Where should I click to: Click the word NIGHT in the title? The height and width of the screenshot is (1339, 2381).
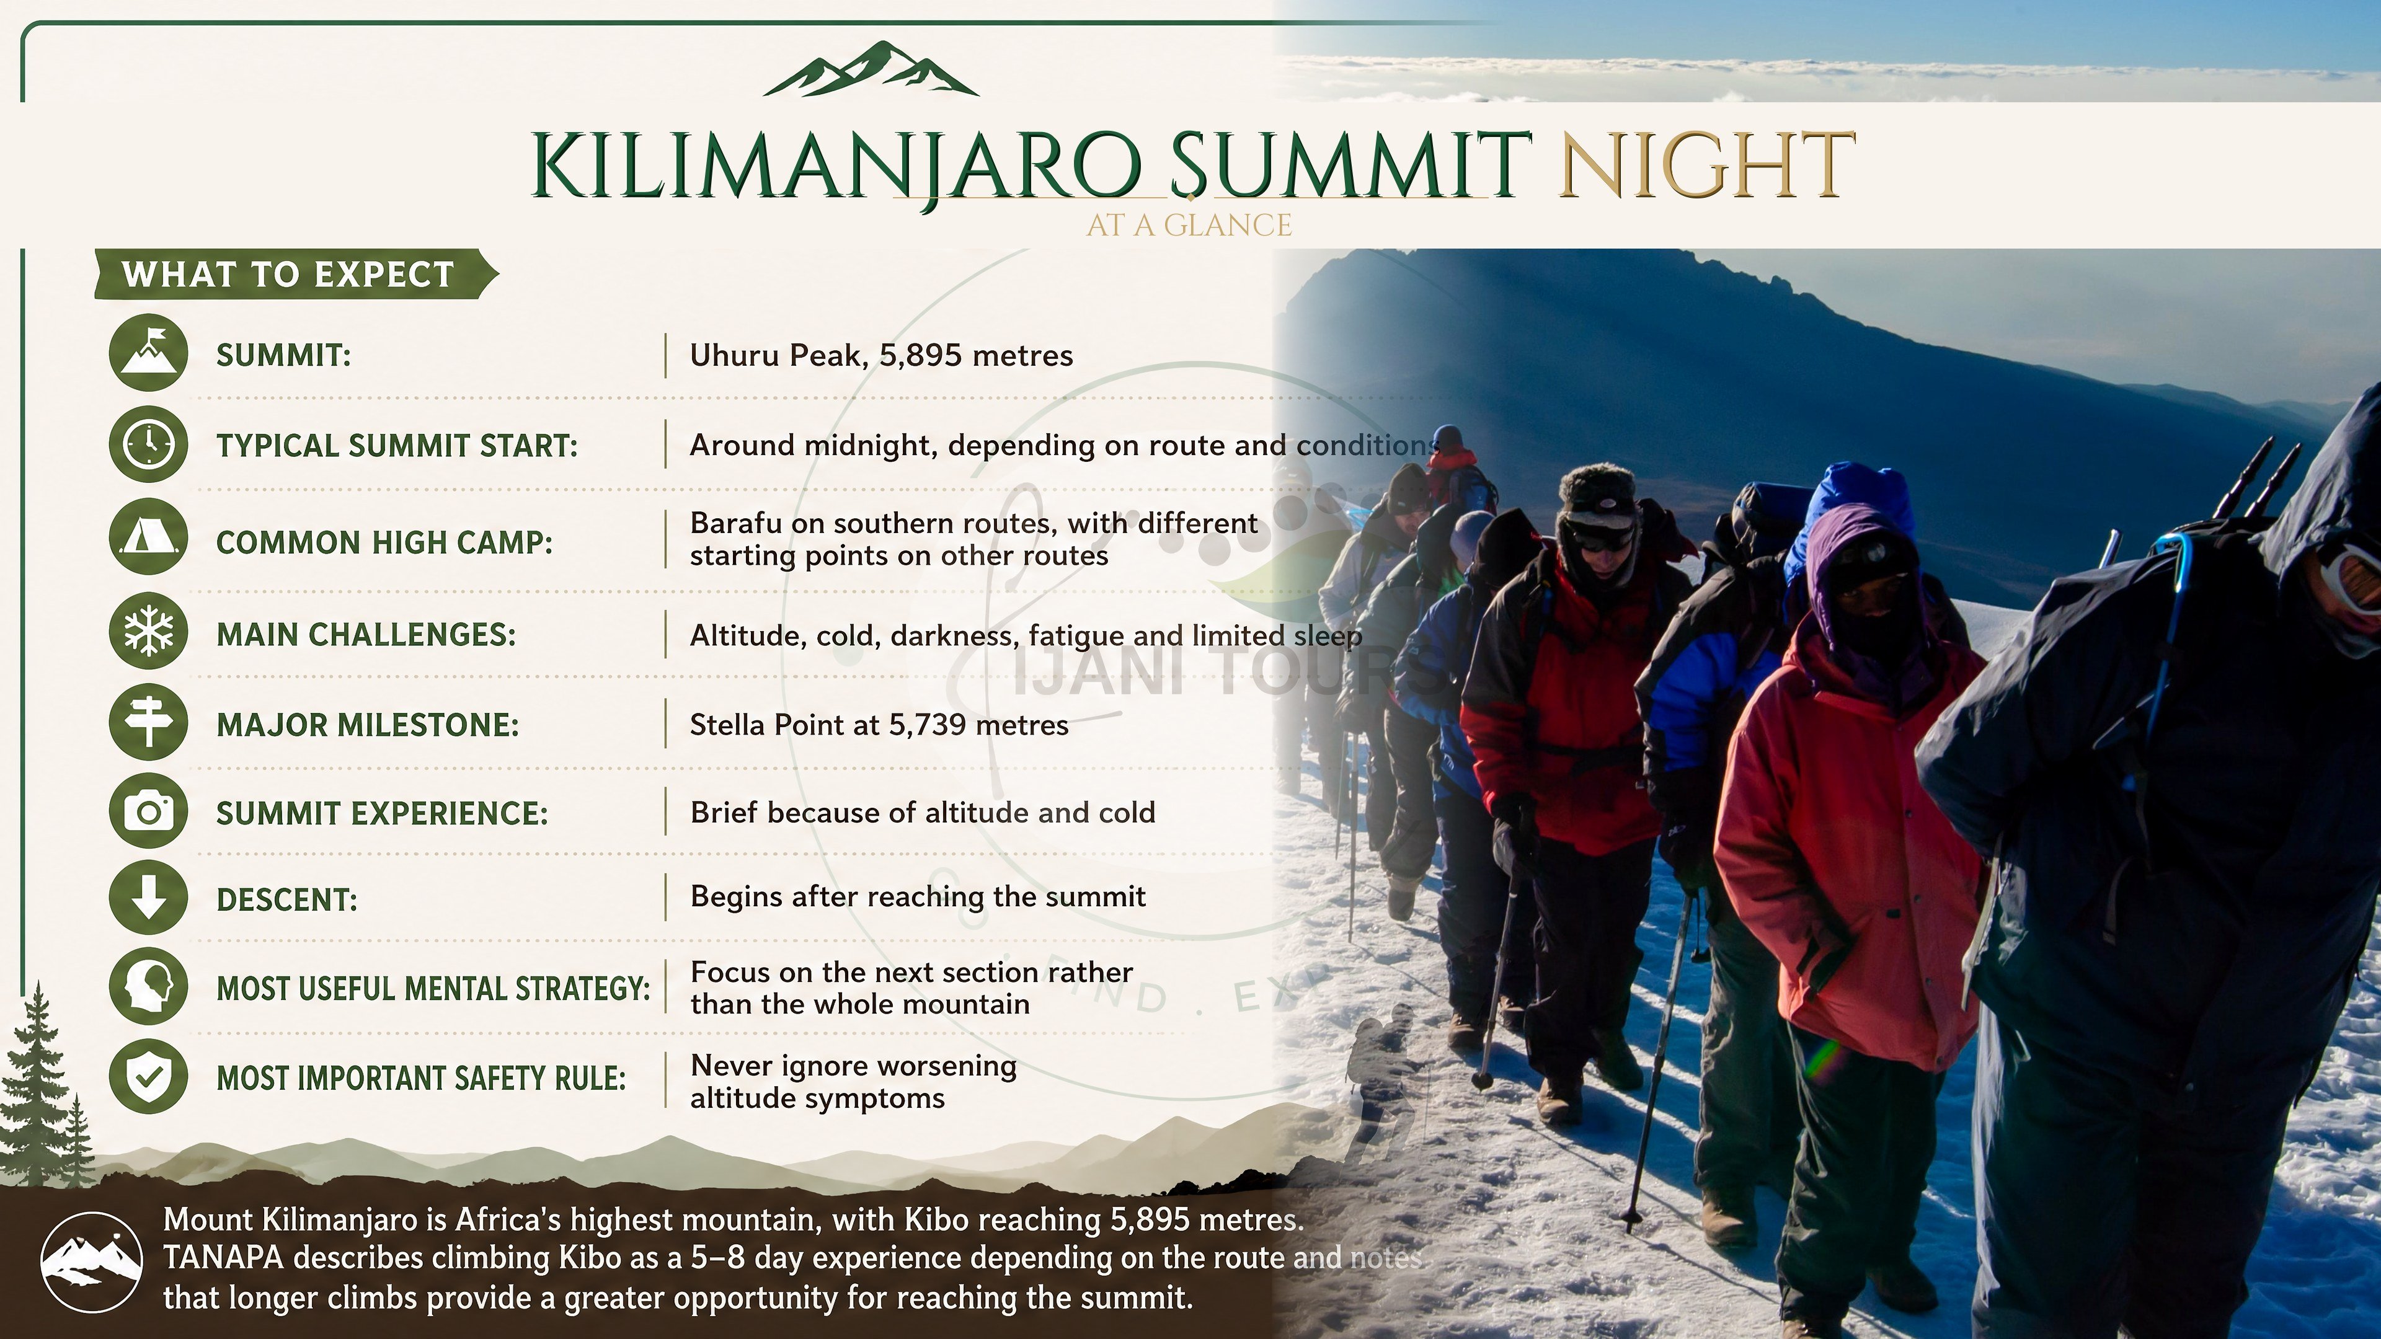1707,166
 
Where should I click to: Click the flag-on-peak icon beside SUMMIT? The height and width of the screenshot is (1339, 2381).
149,353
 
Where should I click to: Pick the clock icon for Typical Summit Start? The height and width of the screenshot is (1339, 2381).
149,444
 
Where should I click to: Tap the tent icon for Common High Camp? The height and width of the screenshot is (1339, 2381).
149,539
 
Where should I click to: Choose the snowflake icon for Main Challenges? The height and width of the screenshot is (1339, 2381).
149,633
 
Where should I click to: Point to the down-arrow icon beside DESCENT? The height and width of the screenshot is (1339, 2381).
149,897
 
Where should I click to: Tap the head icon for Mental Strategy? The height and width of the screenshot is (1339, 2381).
149,987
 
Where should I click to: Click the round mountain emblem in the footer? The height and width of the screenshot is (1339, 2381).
92,1262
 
